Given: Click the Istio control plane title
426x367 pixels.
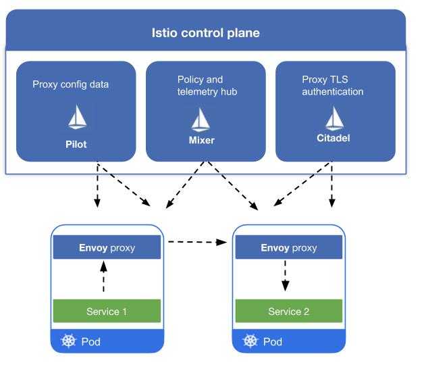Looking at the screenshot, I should click(205, 33).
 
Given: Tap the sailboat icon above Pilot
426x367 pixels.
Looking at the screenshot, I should click(76, 118).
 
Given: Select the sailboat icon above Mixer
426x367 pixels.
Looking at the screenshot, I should click(201, 119).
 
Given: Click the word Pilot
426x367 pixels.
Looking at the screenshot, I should click(76, 144).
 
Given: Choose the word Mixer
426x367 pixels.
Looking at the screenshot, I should click(201, 141).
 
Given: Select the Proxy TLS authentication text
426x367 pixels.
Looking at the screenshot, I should click(332, 85).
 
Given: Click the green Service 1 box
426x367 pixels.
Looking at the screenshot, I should click(107, 311).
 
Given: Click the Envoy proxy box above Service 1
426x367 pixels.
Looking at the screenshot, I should click(107, 247).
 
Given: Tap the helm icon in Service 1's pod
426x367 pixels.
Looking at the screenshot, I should click(68, 341).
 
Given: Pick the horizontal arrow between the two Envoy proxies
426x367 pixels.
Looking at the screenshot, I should click(196, 241).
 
